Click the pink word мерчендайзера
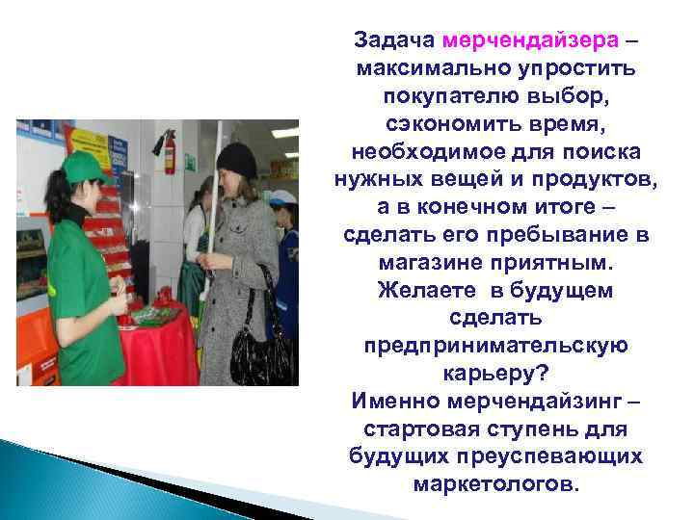(529, 41)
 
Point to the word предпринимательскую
(496, 345)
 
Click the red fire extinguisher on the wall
(170, 154)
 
